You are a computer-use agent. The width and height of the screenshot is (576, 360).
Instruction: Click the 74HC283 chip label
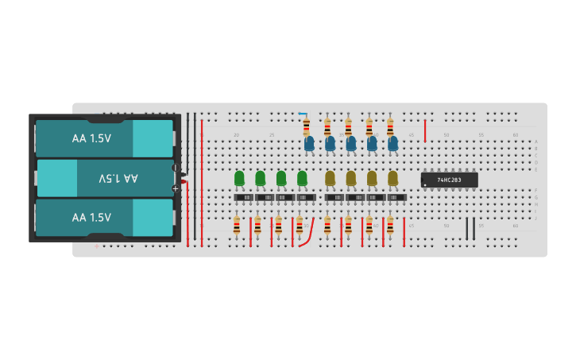[450, 180]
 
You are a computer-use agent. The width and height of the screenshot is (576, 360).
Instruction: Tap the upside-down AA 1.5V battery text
[118, 178]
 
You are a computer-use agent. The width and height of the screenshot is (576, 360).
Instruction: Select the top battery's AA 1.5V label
[91, 138]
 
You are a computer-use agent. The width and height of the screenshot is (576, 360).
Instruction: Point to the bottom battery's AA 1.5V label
[91, 217]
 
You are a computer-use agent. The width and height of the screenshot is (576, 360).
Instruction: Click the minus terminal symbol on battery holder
[175, 168]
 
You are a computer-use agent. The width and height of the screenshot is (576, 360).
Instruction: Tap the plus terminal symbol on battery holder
[175, 188]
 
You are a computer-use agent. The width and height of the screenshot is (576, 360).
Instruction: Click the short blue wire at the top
[302, 114]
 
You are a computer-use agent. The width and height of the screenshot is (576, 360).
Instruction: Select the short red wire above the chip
[425, 130]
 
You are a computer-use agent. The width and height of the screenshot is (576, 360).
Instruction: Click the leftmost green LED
[239, 178]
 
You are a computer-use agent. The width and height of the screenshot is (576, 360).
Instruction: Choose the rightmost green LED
[302, 178]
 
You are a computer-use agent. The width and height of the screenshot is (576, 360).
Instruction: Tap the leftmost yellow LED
[330, 178]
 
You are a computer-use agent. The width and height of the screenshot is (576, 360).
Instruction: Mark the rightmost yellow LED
[392, 178]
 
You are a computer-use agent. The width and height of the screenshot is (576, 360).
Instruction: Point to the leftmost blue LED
[309, 144]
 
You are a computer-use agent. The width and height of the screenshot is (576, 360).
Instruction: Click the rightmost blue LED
[392, 144]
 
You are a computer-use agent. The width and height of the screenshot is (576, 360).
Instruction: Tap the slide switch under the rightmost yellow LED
[396, 197]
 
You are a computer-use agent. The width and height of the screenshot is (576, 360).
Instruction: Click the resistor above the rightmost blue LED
[389, 127]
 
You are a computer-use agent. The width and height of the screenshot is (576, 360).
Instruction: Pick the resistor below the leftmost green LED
[237, 226]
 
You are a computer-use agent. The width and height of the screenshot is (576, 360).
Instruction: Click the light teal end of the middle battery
[57, 178]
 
